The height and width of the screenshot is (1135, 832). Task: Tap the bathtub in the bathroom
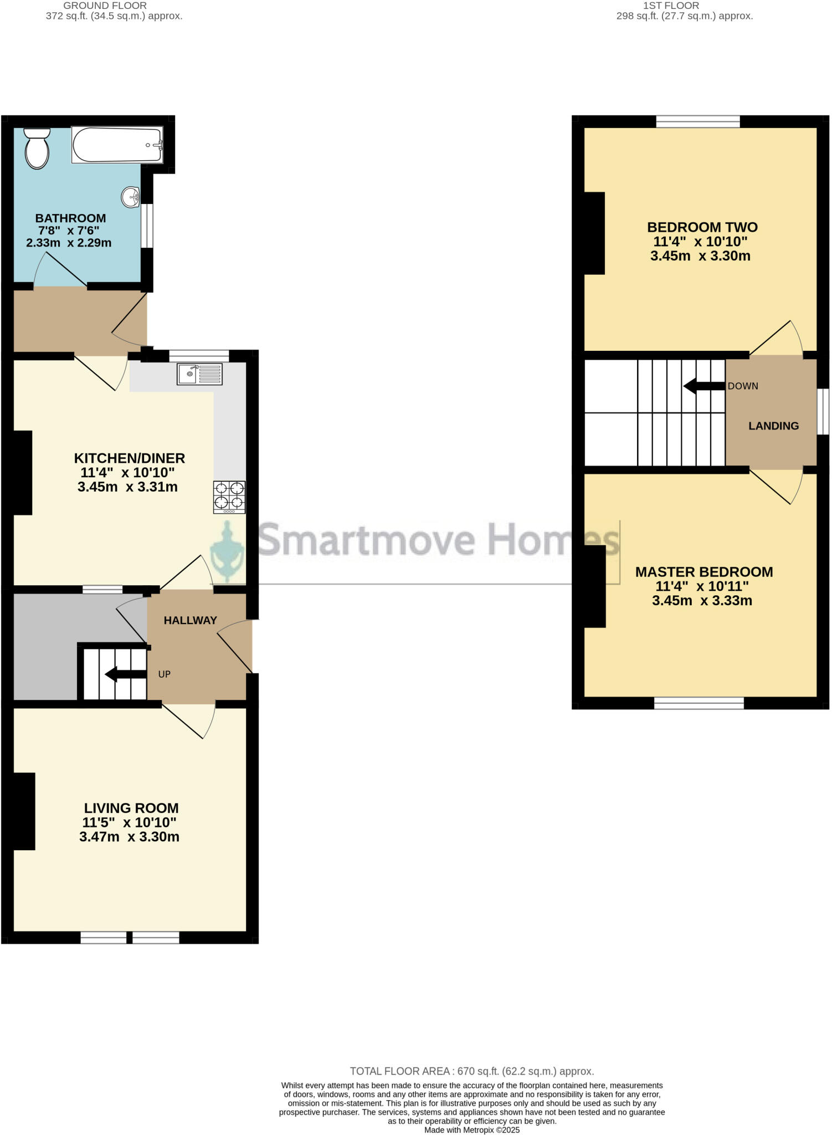(x=117, y=145)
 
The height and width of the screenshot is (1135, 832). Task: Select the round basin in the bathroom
(x=131, y=197)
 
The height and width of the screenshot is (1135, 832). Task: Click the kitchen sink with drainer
(x=199, y=374)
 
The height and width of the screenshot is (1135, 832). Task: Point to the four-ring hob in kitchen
(x=229, y=497)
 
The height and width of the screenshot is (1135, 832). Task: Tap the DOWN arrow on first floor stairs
(x=704, y=386)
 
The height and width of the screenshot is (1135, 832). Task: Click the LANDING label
(x=773, y=426)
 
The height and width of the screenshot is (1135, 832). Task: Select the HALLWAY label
(x=190, y=621)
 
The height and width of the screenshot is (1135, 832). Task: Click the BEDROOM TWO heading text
(x=702, y=227)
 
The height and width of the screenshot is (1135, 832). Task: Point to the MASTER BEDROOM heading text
(x=703, y=572)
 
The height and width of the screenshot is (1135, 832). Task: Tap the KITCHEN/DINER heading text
(x=129, y=458)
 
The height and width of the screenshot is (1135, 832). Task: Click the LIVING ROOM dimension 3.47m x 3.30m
(x=129, y=837)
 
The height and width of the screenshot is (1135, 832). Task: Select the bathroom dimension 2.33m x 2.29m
(x=69, y=243)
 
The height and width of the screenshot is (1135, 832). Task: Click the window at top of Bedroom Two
(x=698, y=121)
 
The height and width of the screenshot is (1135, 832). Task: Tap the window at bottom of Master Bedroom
(x=699, y=703)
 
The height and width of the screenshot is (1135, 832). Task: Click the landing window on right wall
(x=823, y=411)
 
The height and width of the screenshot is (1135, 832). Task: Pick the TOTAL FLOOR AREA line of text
(x=471, y=1071)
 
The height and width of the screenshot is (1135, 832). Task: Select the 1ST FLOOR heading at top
(x=671, y=6)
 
